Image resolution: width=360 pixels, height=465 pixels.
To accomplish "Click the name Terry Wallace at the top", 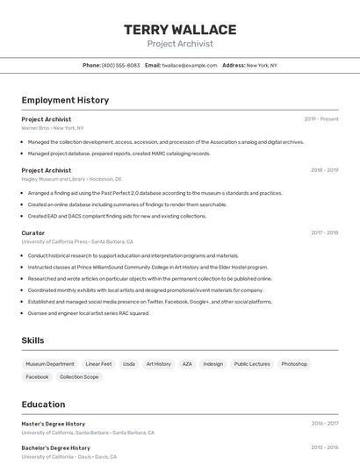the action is (180, 30).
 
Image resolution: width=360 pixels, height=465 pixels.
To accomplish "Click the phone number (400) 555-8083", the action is (120, 65).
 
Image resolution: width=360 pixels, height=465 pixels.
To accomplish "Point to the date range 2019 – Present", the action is (321, 119).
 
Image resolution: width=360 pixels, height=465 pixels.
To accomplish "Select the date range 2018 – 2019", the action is (324, 170).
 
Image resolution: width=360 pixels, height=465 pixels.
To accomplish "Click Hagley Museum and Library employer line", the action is (72, 179).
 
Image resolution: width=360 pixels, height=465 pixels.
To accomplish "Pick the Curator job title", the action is (33, 232).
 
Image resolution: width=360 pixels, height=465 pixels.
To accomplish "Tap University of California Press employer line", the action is (77, 241).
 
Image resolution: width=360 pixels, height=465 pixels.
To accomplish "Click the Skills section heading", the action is (33, 340).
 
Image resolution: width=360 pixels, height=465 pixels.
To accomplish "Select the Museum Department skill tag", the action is (50, 363).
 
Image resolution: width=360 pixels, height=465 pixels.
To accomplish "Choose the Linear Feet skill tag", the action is (98, 363).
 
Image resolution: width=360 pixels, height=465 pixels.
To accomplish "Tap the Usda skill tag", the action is (129, 363).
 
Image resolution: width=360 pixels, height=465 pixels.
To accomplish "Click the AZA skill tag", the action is (187, 363).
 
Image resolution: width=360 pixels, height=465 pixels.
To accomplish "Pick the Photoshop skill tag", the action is (294, 363).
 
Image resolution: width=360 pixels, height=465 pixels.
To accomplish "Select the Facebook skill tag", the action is (38, 377).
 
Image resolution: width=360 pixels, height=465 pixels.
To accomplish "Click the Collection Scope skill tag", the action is (79, 377).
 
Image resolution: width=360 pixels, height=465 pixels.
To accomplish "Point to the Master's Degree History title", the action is (54, 424).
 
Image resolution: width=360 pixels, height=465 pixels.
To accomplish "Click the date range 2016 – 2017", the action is (324, 424).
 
